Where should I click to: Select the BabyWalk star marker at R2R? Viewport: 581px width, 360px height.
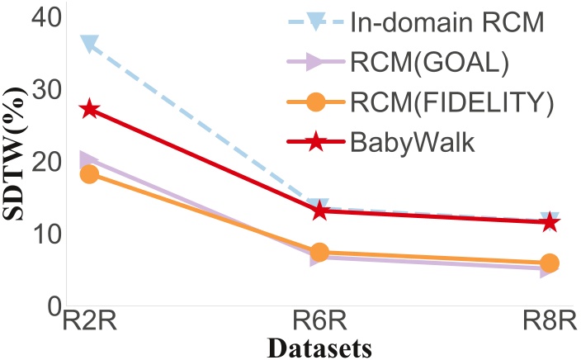[89, 109]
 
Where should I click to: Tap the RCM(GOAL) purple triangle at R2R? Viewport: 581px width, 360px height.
[89, 160]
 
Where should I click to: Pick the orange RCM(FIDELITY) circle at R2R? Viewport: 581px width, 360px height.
[89, 174]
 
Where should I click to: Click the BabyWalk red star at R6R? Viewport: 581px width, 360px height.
[319, 211]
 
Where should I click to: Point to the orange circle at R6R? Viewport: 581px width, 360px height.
[319, 252]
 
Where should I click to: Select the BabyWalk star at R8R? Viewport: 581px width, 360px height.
[549, 222]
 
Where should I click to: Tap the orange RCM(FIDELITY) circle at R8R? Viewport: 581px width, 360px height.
[549, 263]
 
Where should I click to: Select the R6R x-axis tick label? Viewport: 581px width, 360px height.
[319, 321]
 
